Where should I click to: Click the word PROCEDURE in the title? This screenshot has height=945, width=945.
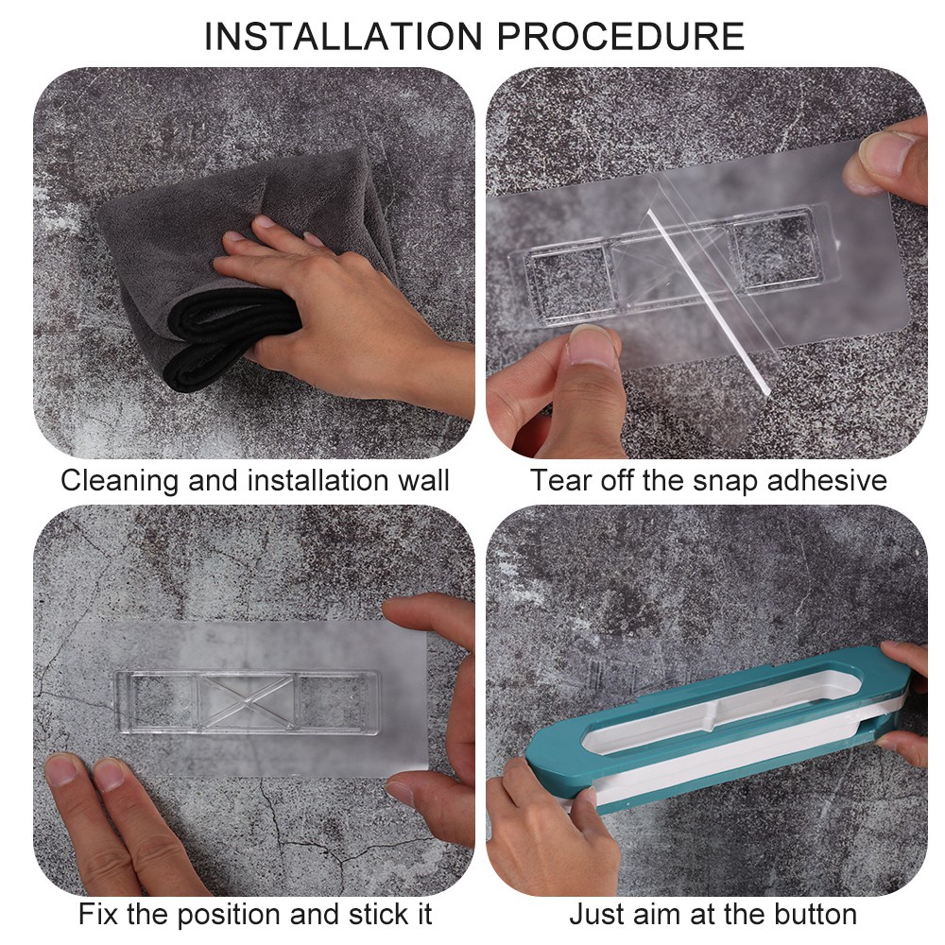pos(621,36)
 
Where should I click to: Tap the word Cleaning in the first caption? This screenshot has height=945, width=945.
pos(119,482)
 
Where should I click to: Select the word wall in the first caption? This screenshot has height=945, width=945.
pos(423,481)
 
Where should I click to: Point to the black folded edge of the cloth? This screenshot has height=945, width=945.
pos(229,337)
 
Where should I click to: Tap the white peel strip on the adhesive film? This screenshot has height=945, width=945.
pos(708,301)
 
